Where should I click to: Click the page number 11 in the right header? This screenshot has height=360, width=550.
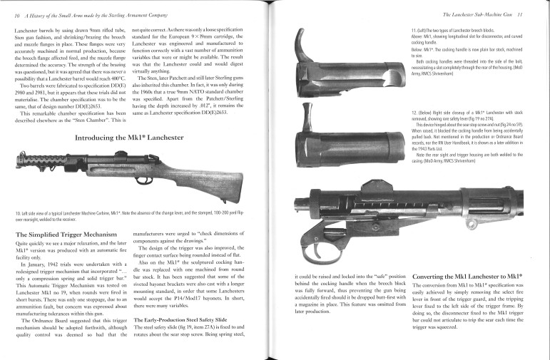pyautogui.click(x=541, y=14)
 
